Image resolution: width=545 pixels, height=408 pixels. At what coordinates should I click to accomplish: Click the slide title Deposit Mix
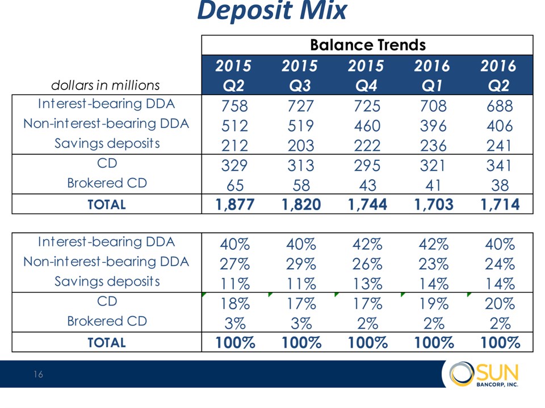coord(272,11)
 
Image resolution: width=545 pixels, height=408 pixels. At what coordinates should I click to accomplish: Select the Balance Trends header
coord(367,45)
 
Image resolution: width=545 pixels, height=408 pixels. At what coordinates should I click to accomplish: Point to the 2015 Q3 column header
coord(300,75)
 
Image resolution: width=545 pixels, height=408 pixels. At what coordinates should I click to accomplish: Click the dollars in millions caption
coord(106,85)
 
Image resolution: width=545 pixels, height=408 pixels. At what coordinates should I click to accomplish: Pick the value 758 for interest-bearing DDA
coord(234,106)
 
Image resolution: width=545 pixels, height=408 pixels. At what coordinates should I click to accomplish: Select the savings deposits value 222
coord(367,146)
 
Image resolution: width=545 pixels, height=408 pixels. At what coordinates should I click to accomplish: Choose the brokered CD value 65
coord(234,185)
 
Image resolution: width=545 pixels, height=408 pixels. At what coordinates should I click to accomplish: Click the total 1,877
coord(234,205)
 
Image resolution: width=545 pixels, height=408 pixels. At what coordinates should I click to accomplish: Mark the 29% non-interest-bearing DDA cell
coord(300,263)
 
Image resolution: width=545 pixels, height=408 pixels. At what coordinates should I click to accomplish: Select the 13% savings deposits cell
coord(367,283)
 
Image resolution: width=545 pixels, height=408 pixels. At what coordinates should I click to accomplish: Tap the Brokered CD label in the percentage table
coord(107,321)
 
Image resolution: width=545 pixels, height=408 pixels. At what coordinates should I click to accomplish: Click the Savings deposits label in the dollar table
coord(107,143)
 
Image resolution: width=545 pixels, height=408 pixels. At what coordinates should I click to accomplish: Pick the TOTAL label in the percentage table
coord(107,343)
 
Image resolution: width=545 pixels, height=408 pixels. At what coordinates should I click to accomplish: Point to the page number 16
coord(37,375)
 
